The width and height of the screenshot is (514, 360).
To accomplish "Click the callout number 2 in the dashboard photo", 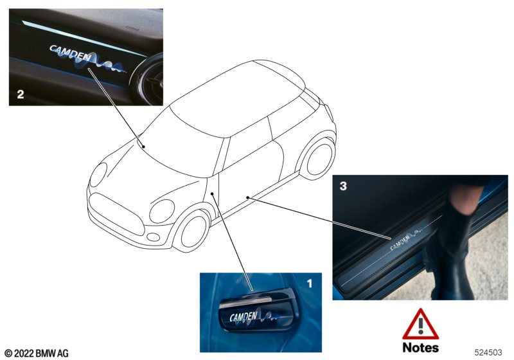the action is [x=21, y=94].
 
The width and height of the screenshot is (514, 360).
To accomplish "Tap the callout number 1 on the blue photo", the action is [x=310, y=283].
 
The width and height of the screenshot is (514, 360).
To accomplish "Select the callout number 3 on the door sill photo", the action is [x=343, y=186].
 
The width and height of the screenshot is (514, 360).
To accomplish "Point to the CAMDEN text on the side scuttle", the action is [x=244, y=317].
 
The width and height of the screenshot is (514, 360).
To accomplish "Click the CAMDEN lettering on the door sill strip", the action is [x=400, y=242].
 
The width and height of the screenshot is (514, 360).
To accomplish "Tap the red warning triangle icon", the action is [x=420, y=324].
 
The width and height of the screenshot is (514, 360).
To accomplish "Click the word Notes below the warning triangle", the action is [x=421, y=348].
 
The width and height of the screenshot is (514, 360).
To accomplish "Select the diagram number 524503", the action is [x=488, y=352].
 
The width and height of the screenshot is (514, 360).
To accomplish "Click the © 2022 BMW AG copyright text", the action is [x=37, y=353].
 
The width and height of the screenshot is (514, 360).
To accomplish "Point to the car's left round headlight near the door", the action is [x=162, y=212].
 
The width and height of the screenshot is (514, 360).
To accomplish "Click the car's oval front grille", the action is [x=116, y=214].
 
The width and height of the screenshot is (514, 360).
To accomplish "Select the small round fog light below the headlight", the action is [x=153, y=237].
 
